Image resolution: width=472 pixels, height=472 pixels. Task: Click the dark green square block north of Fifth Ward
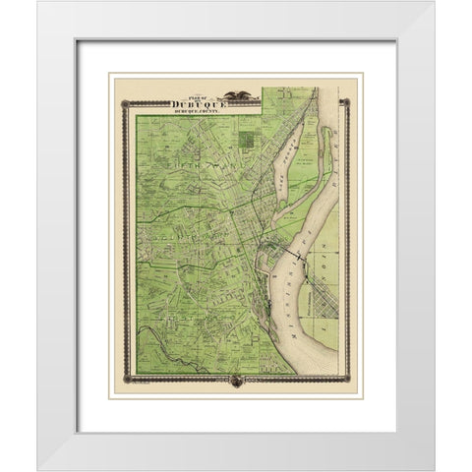click(247, 140)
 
